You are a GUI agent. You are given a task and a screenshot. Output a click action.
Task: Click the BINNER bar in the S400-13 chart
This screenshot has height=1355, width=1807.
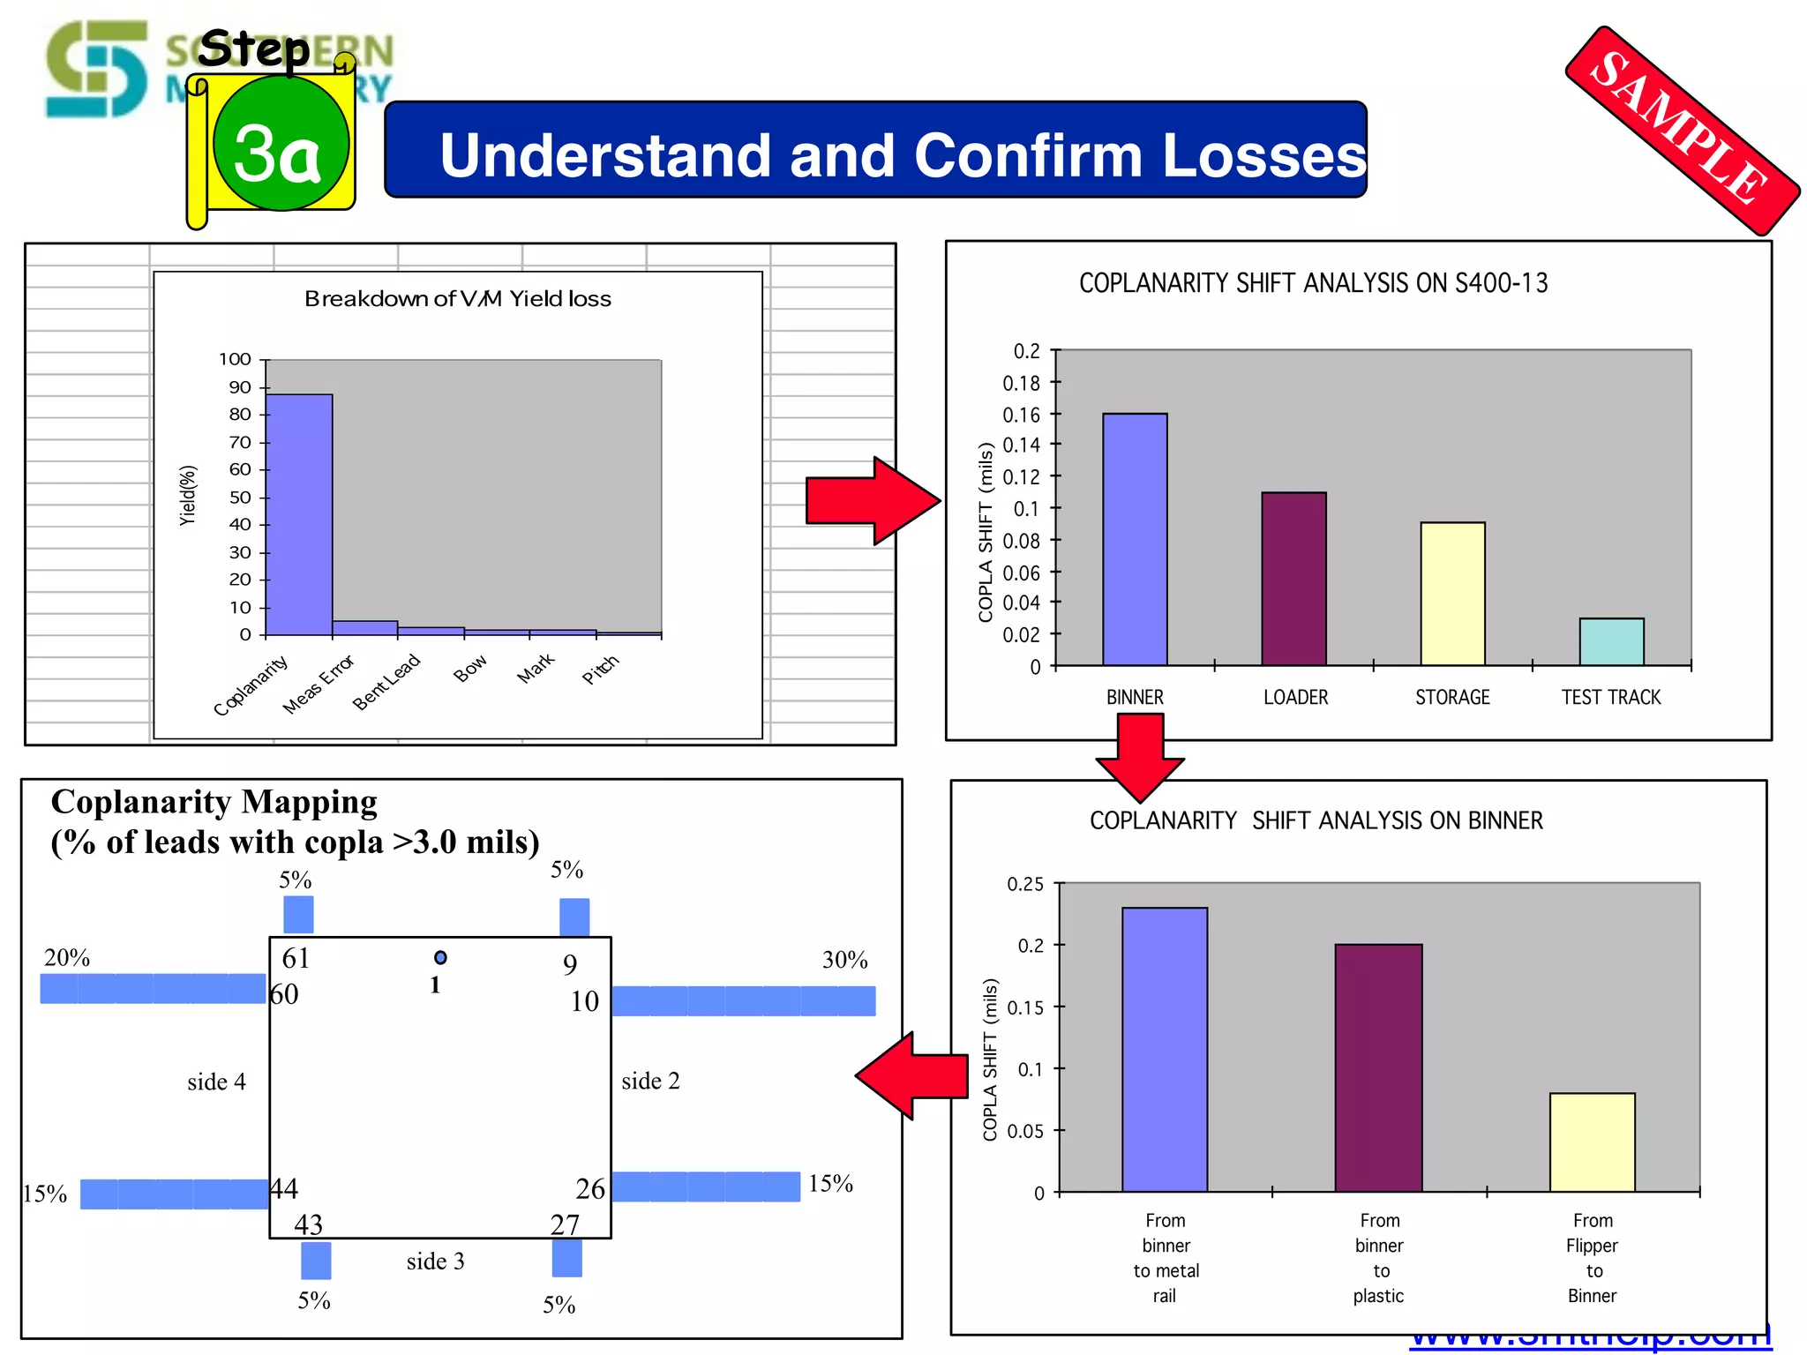pos(1135,539)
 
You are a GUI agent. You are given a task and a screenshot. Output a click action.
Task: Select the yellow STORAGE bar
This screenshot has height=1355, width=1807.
pos(1452,594)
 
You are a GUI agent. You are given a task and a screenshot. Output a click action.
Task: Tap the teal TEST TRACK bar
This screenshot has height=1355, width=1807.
pos(1611,641)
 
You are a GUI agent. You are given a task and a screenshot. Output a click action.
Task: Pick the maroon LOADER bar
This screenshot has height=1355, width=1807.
pos(1293,579)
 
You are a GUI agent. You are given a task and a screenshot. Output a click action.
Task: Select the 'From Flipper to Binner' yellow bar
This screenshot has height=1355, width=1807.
pos(1592,1142)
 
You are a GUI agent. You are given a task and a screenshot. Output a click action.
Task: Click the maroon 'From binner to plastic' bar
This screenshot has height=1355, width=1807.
pos(1378,1067)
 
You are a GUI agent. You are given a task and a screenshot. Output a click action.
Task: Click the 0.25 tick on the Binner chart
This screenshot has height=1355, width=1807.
pos(1025,884)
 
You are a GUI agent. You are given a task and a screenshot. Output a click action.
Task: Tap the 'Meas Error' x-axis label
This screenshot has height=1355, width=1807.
pos(319,685)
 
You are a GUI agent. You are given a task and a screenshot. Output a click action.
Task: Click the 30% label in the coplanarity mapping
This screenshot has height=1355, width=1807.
pos(844,960)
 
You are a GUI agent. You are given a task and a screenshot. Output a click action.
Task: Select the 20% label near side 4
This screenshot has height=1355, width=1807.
pos(67,958)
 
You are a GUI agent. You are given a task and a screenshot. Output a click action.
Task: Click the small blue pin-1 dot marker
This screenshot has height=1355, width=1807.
pos(440,958)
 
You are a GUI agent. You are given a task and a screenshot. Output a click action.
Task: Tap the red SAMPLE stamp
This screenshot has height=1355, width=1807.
pos(1682,129)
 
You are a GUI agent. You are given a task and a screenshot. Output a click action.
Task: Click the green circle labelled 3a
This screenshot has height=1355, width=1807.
pos(281,144)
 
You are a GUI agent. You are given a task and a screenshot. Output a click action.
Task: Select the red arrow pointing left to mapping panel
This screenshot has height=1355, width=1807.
pos(913,1075)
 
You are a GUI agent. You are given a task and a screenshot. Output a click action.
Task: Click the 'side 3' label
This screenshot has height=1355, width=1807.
pos(435,1261)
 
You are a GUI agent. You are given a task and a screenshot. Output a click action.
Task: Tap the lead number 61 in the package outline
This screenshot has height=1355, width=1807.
pos(296,958)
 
